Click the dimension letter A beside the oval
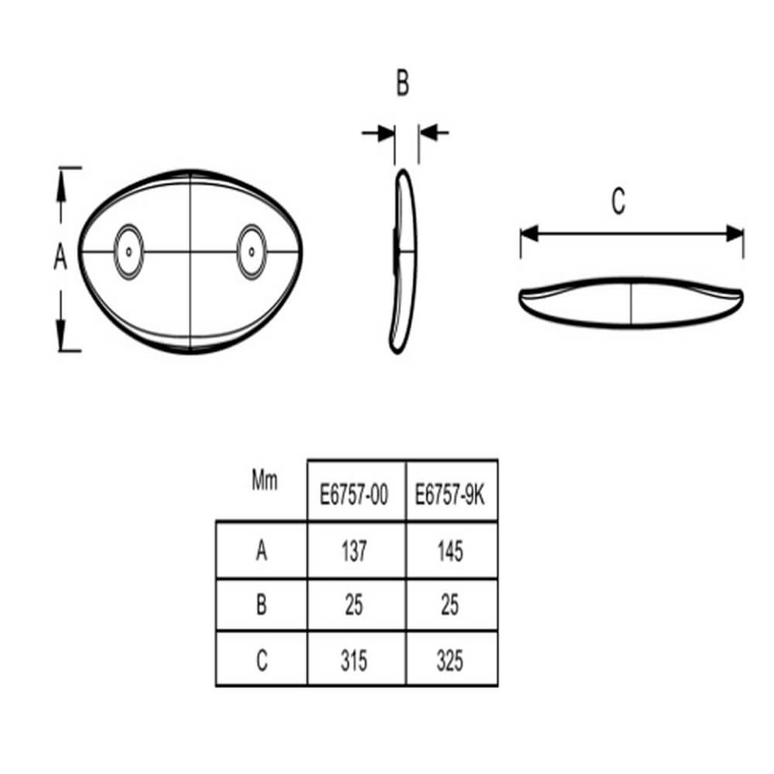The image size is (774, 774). coord(60,256)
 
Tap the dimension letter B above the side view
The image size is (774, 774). coord(402,83)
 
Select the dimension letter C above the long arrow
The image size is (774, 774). coord(618,201)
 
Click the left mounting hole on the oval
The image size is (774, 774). coord(128,252)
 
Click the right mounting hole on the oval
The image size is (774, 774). coord(252,252)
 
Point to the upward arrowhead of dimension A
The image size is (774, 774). coord(60,187)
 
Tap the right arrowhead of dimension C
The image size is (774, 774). coord(734,234)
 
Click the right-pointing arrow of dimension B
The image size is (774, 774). coord(378,133)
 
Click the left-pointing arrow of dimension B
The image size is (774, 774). coord(434,132)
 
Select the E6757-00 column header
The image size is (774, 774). coord(354,495)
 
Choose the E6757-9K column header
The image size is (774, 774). coord(450,495)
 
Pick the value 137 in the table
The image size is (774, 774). coord(354,551)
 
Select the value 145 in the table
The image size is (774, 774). coord(450,551)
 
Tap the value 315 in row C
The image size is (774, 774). coord(354,660)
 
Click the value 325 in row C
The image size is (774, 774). coord(450,660)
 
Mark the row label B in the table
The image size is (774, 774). coord(262,604)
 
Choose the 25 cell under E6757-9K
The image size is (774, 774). coord(450,604)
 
